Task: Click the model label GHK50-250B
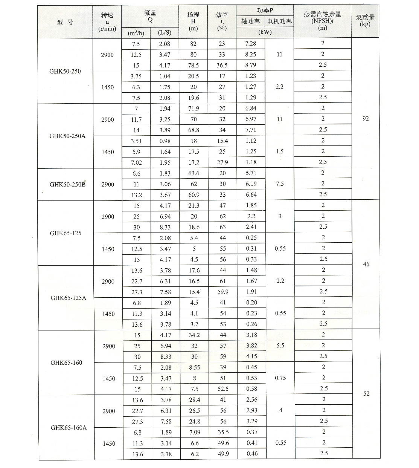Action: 67,185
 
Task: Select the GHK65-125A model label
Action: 68,298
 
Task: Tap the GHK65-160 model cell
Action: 66,363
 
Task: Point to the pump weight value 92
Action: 365,119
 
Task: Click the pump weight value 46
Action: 366,264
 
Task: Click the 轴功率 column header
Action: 250,21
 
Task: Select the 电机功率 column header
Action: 279,21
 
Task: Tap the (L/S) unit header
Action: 165,33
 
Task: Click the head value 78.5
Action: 194,65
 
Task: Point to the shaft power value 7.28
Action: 250,44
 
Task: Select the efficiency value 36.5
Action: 222,65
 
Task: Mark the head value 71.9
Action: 194,109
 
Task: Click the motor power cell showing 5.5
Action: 280,346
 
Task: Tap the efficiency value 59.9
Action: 222,292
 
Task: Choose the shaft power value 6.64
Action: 251,194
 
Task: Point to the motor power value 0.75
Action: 280,378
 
